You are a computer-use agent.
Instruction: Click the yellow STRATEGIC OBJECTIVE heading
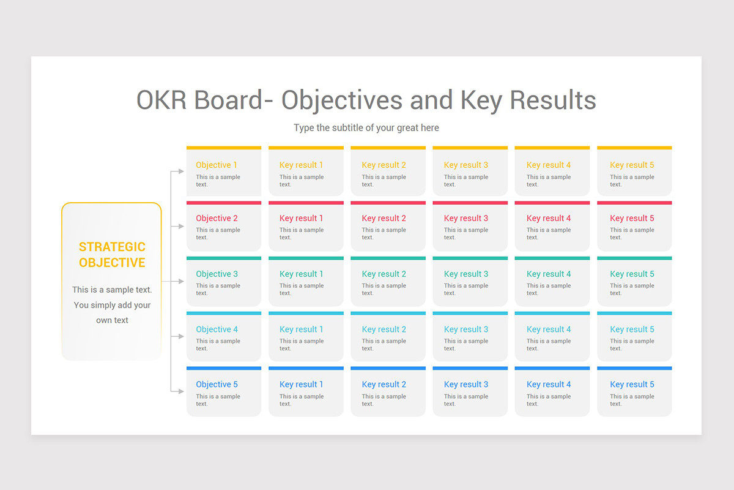click(x=112, y=255)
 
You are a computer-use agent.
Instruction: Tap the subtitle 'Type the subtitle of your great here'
click(x=366, y=128)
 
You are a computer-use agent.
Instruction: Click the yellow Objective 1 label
click(x=217, y=165)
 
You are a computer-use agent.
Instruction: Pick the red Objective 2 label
click(x=217, y=218)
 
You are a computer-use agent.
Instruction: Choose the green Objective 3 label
click(x=217, y=274)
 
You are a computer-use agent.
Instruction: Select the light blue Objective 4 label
click(x=217, y=329)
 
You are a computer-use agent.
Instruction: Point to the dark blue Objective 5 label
click(x=217, y=384)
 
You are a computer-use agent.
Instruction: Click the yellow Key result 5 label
click(x=632, y=165)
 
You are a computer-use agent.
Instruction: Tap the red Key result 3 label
click(x=466, y=218)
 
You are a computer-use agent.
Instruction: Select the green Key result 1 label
click(x=301, y=274)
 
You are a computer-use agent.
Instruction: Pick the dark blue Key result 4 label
click(x=549, y=384)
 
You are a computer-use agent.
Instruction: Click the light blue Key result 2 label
click(x=384, y=329)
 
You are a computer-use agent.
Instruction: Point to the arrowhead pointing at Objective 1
click(x=180, y=171)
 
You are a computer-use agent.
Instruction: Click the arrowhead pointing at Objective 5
click(x=180, y=391)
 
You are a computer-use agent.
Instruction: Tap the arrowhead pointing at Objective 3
click(x=180, y=281)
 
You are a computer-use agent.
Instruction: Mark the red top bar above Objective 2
click(x=224, y=203)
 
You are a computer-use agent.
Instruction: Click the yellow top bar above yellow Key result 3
click(x=470, y=148)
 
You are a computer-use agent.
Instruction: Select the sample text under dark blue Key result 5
click(x=632, y=400)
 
